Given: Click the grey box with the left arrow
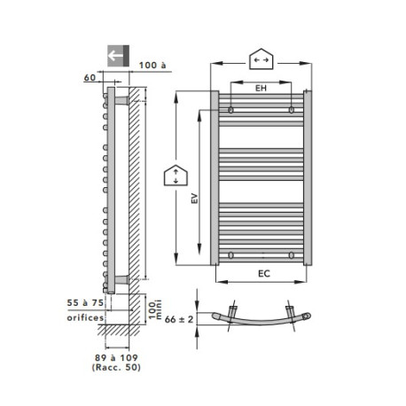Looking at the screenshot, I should [x=117, y=55].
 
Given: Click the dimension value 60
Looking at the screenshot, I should [x=90, y=79].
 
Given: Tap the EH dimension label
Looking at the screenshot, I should [x=261, y=90].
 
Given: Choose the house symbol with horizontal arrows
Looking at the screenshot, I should [x=262, y=59].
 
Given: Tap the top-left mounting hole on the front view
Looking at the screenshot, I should [x=230, y=111].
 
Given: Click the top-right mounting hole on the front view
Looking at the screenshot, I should [x=292, y=111].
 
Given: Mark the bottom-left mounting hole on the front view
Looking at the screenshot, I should [x=230, y=254].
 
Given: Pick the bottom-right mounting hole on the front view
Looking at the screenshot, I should [x=292, y=254].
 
